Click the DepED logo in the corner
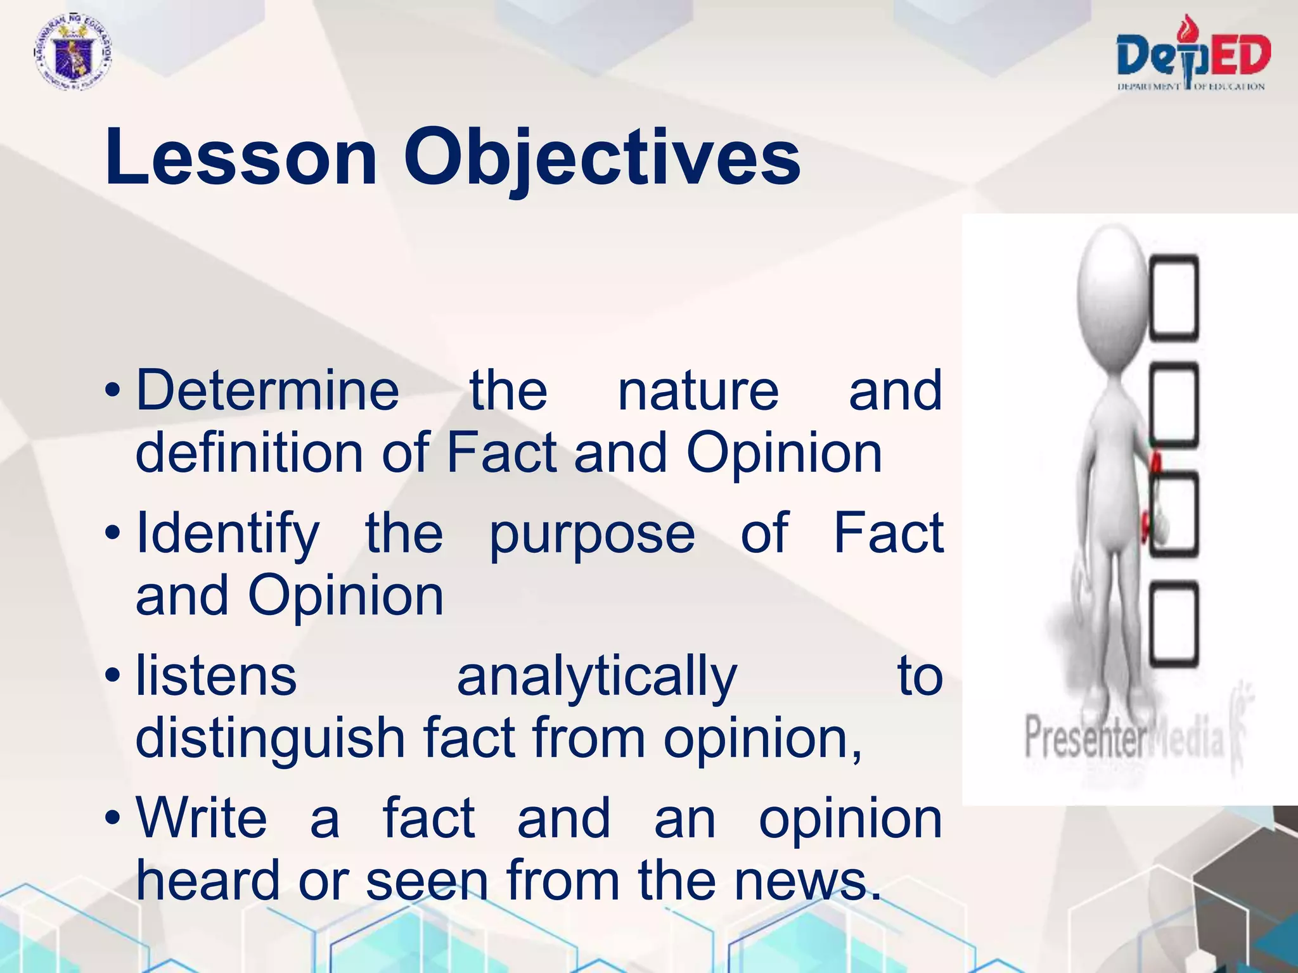[1193, 56]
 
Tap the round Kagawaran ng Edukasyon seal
[73, 56]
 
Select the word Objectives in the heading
[602, 158]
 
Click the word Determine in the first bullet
[267, 391]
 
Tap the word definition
[249, 454]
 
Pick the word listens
[216, 677]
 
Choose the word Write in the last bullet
[202, 818]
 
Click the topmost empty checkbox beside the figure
[1174, 296]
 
